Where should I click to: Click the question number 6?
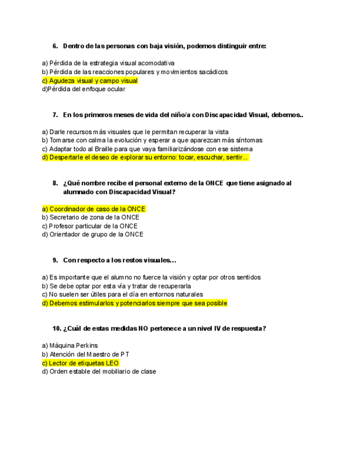click(x=55, y=46)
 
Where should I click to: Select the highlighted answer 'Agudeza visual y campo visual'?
click(x=90, y=81)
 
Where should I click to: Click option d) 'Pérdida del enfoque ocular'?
click(x=84, y=89)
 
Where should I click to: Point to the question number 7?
click(x=55, y=115)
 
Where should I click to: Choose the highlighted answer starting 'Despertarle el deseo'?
click(x=146, y=158)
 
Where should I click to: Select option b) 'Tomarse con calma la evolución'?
click(x=152, y=140)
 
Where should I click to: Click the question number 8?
click(x=55, y=183)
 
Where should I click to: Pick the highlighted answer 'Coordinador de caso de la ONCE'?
click(x=94, y=209)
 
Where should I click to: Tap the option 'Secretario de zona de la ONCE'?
click(x=91, y=218)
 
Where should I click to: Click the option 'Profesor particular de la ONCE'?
click(x=90, y=226)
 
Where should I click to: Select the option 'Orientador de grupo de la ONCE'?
click(x=92, y=235)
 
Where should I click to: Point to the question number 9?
click(x=55, y=260)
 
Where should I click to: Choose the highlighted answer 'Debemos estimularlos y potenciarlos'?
click(x=135, y=303)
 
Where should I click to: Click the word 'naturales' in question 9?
click(x=190, y=295)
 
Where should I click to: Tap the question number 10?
click(x=57, y=329)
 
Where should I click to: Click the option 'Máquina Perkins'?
click(x=70, y=346)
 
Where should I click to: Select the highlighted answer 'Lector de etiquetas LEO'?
click(x=80, y=363)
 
